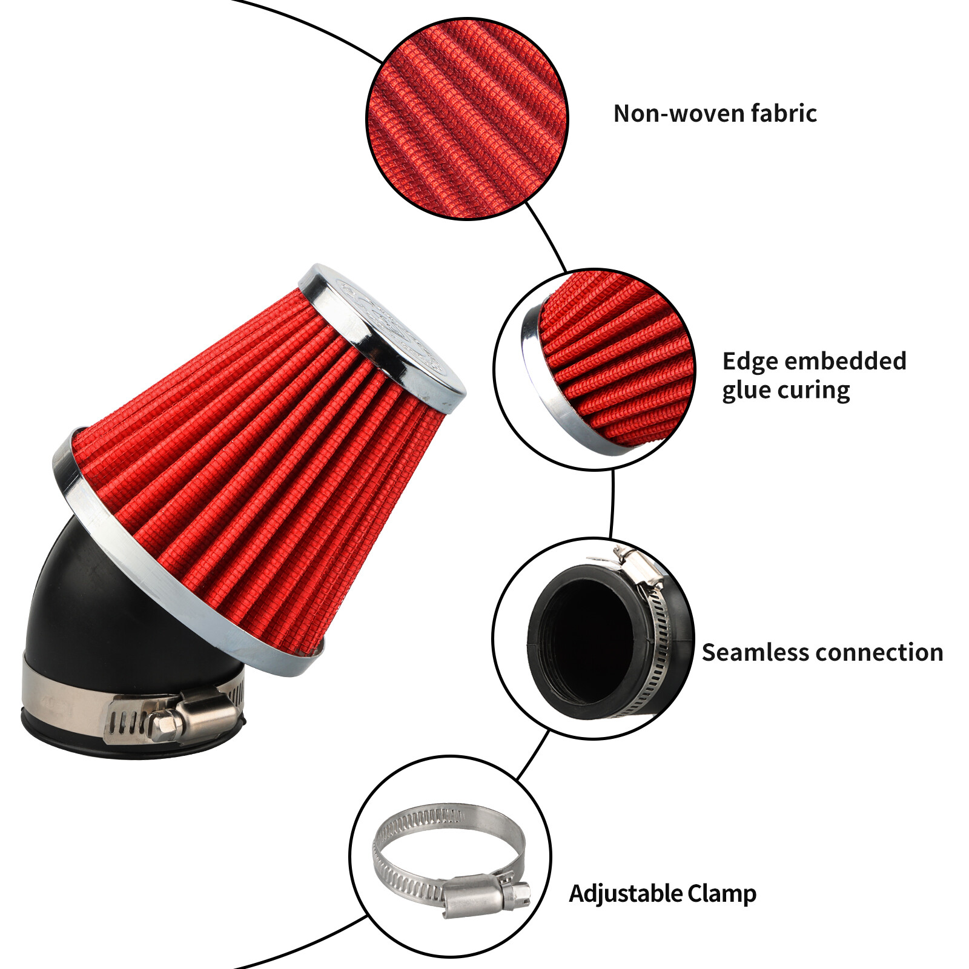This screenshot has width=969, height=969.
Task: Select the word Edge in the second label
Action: (749, 362)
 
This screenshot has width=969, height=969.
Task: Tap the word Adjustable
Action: (625, 894)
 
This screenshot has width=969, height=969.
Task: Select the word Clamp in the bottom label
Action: (722, 894)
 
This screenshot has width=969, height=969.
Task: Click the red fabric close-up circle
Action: (467, 119)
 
